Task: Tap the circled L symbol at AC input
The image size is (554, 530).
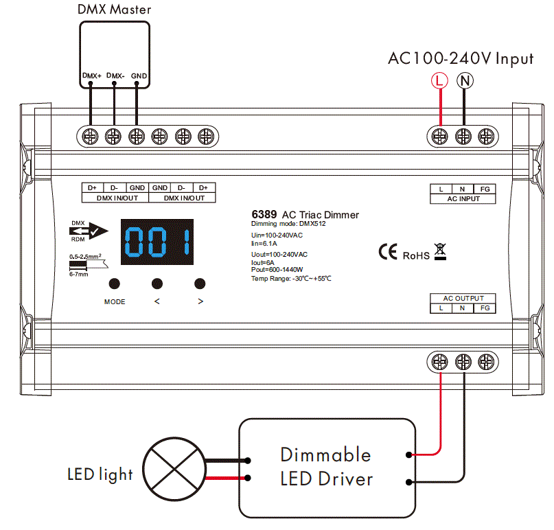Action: click(x=439, y=81)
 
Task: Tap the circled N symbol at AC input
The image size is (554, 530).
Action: click(x=465, y=81)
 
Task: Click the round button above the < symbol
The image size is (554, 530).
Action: click(x=157, y=283)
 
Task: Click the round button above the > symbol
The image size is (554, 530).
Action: click(x=200, y=283)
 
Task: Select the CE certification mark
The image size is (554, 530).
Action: click(x=388, y=252)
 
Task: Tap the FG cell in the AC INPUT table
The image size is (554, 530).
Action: click(x=484, y=189)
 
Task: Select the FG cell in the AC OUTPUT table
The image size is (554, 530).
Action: click(x=484, y=308)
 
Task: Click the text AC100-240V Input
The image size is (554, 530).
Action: click(x=461, y=58)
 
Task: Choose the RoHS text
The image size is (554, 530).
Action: click(x=416, y=255)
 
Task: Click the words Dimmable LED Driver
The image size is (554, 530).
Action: click(x=326, y=467)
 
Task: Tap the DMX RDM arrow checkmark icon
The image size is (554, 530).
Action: click(x=88, y=232)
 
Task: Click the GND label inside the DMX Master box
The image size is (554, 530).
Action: click(x=139, y=76)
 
